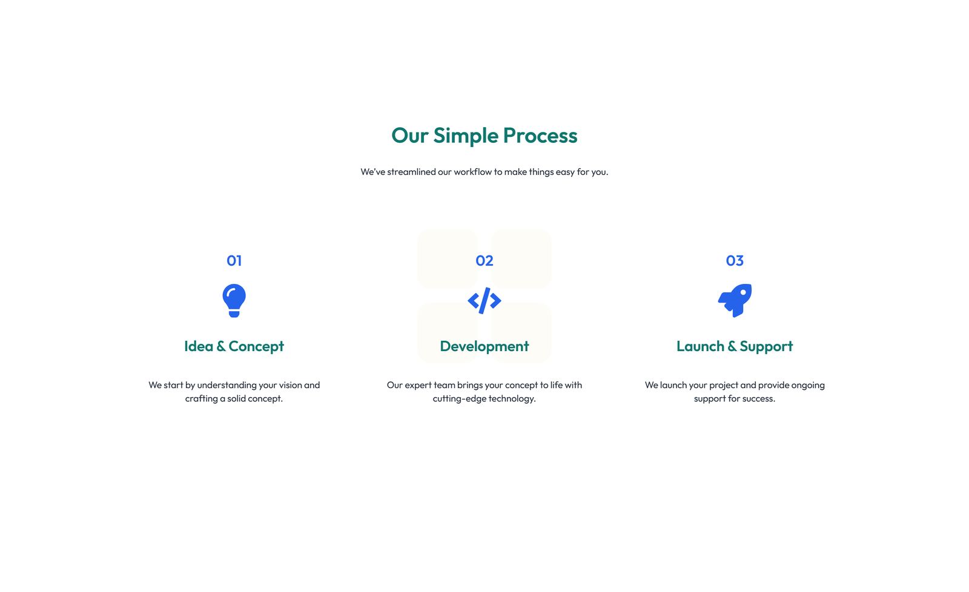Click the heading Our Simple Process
tap(484, 136)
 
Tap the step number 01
tap(234, 261)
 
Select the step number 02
tap(484, 261)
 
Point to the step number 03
tap(734, 261)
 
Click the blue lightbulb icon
tap(234, 300)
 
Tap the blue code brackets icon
tap(484, 301)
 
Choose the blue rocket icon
tap(735, 300)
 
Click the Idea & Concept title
tap(234, 346)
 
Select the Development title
tap(484, 346)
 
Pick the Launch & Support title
tap(734, 346)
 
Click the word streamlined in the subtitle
tap(411, 172)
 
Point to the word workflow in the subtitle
tap(472, 172)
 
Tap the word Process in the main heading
tap(540, 136)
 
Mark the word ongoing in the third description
tap(808, 385)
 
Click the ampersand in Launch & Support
tap(732, 346)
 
